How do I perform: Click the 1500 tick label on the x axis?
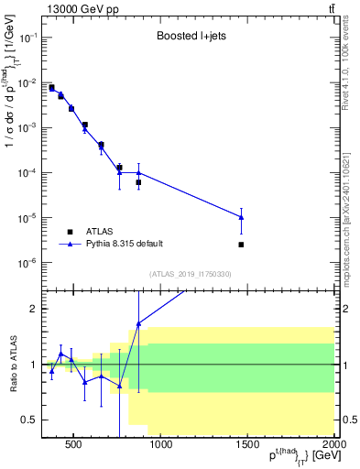tap(248, 446)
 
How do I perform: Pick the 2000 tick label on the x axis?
tap(334, 446)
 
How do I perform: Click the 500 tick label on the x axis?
tap(75, 446)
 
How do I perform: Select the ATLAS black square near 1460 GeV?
tap(241, 245)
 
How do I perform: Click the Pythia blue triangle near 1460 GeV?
tap(241, 217)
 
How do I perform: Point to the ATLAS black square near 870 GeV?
tap(138, 182)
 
